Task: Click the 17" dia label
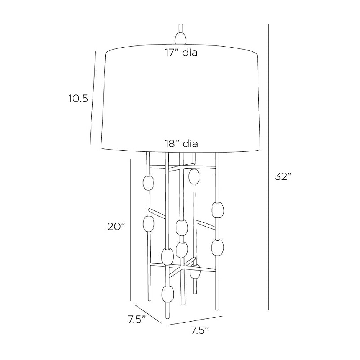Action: coord(181,53)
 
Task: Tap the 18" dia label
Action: coord(181,144)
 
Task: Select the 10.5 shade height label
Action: coord(78,99)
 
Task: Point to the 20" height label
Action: coord(116,227)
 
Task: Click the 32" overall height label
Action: coord(283,176)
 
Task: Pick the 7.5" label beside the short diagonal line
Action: coord(137,319)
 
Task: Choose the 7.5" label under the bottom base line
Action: coord(200,331)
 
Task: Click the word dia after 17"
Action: coord(190,53)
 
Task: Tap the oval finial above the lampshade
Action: coord(180,38)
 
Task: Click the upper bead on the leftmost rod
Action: coord(148,183)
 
